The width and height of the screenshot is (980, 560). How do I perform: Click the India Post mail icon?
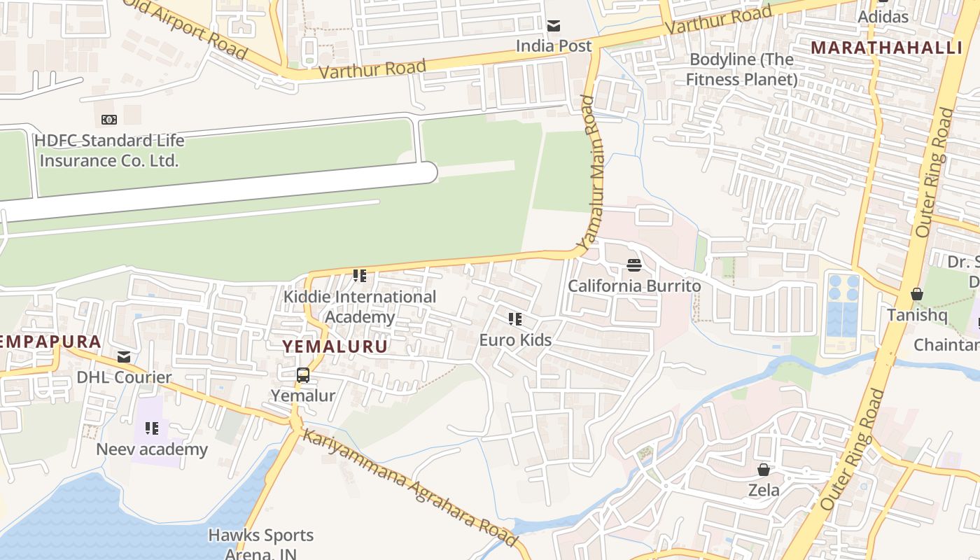[554, 27]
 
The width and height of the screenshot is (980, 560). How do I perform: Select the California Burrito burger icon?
[634, 265]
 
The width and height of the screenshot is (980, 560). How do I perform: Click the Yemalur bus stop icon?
[303, 375]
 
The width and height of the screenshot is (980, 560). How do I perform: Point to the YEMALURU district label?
[335, 346]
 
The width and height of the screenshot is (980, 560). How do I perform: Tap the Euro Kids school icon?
[515, 320]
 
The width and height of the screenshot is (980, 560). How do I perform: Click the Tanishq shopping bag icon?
[917, 295]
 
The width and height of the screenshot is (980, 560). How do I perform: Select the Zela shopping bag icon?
[764, 470]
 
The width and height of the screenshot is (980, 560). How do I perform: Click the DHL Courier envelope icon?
[124, 358]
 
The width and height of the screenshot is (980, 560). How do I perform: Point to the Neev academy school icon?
[152, 428]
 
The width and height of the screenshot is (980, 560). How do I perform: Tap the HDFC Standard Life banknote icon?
[109, 120]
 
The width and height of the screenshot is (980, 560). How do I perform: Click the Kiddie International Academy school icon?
[360, 276]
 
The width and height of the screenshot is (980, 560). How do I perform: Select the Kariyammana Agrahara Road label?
[409, 487]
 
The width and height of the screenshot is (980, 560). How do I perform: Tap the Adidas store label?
[883, 17]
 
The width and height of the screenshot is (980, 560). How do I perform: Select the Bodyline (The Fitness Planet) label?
[741, 69]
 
